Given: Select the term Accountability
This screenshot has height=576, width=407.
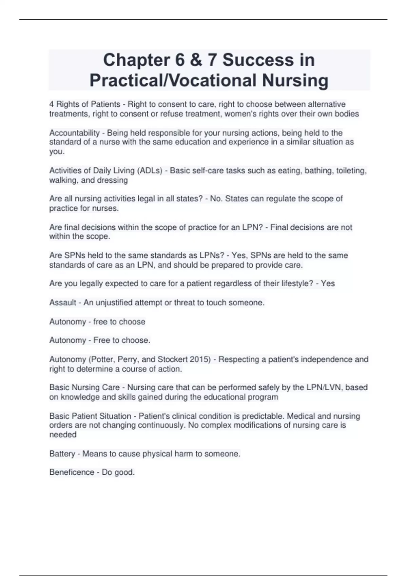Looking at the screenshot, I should click(x=75, y=133).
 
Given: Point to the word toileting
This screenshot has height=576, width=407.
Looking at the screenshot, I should click(x=351, y=170).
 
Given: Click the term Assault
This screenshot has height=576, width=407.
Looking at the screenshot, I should click(x=63, y=303).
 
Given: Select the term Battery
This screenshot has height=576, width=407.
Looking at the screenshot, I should click(x=62, y=454).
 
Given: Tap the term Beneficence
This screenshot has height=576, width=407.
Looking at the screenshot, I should click(x=72, y=472).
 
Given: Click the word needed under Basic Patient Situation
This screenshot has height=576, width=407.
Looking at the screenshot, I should click(x=63, y=435).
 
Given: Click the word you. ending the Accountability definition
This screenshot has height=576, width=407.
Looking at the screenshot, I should click(x=57, y=151).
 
